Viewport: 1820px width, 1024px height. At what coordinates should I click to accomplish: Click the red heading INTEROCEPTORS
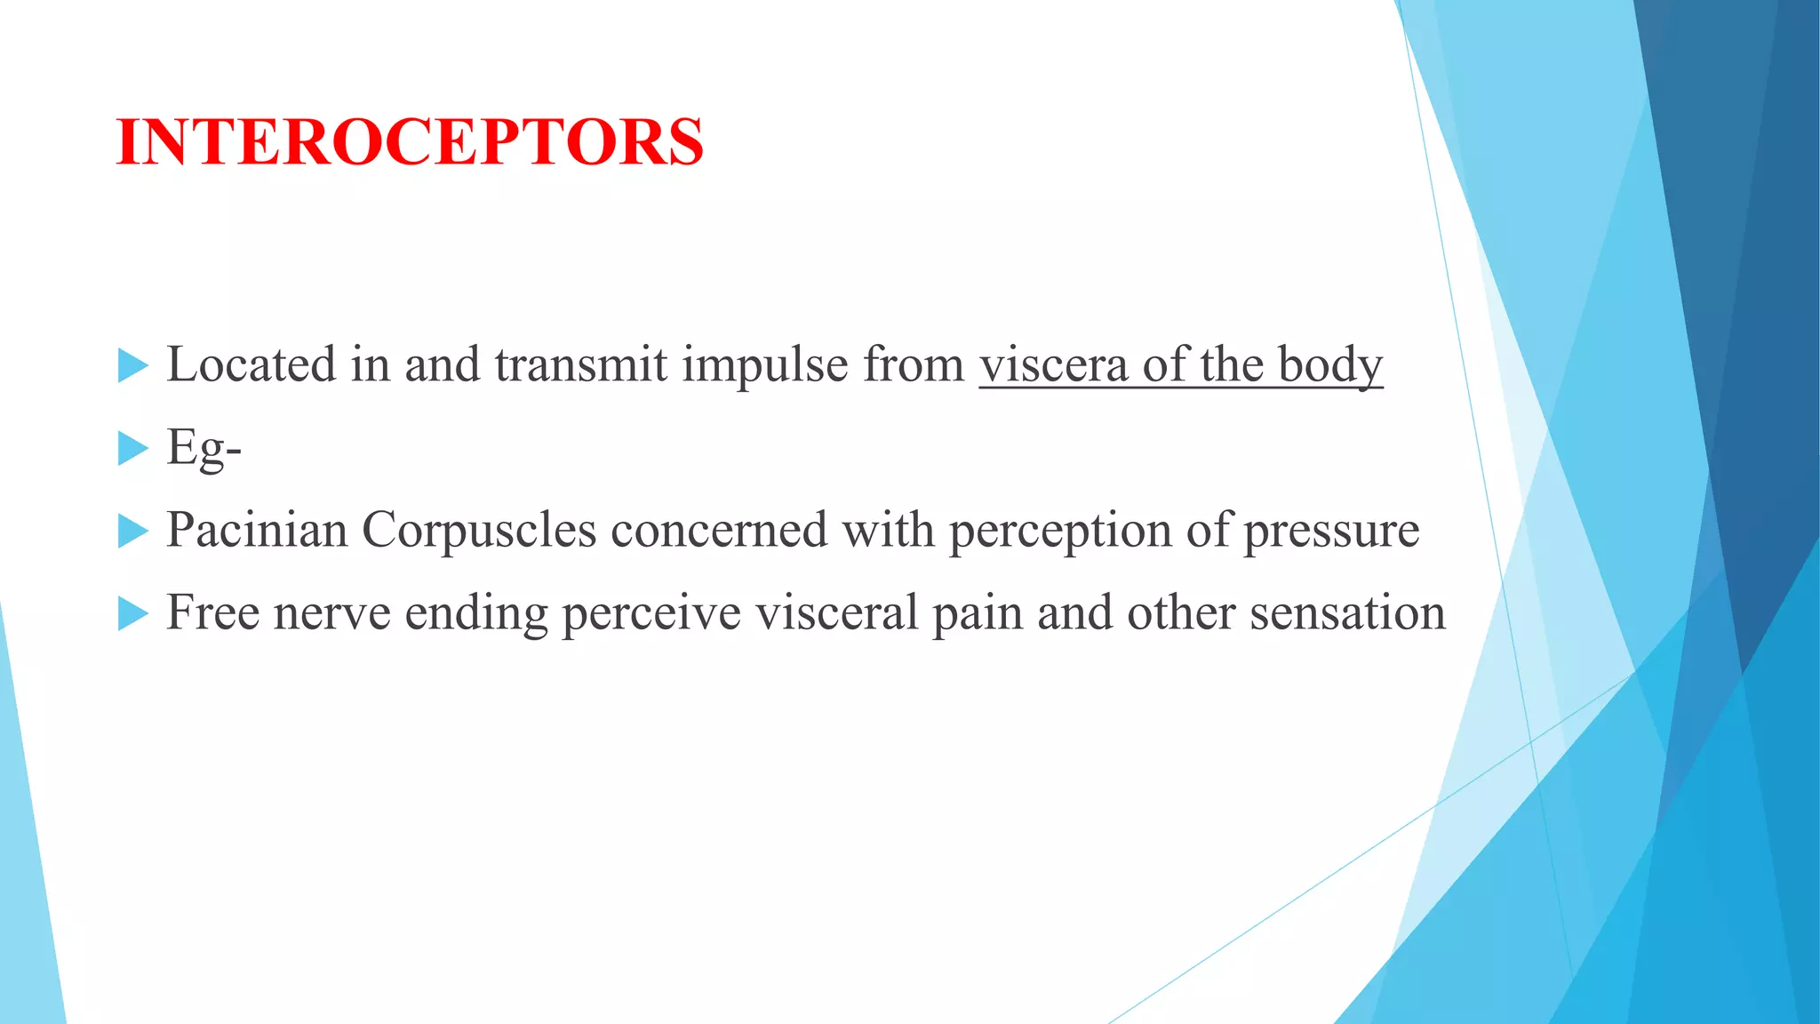tap(410, 142)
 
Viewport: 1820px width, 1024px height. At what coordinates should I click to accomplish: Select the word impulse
tap(765, 366)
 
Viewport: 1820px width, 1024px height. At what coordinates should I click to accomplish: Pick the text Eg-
tap(204, 448)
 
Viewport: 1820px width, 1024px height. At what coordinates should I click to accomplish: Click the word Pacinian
tap(257, 531)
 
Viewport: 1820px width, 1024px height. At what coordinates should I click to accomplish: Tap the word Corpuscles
tap(478, 531)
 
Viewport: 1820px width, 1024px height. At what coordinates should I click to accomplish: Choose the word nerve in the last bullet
tap(331, 614)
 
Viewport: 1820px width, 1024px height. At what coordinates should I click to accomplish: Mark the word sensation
tap(1347, 613)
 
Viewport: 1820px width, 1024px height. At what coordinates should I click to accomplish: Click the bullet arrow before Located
tap(132, 365)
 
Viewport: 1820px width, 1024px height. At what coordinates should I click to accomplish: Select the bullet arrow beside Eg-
tap(132, 448)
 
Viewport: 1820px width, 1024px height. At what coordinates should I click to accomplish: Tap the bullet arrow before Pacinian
tap(132, 531)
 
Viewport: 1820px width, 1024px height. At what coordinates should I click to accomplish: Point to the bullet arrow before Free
tap(132, 613)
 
